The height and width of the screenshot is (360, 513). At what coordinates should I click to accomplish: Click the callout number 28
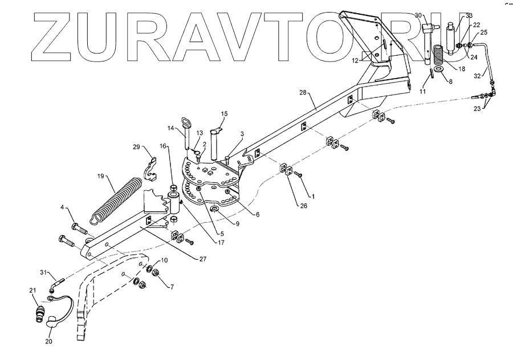click(303, 92)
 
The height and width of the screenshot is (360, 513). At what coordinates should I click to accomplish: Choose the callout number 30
click(417, 15)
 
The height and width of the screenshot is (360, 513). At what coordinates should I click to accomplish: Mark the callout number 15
click(224, 114)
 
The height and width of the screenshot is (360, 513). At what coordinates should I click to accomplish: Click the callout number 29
click(136, 147)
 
